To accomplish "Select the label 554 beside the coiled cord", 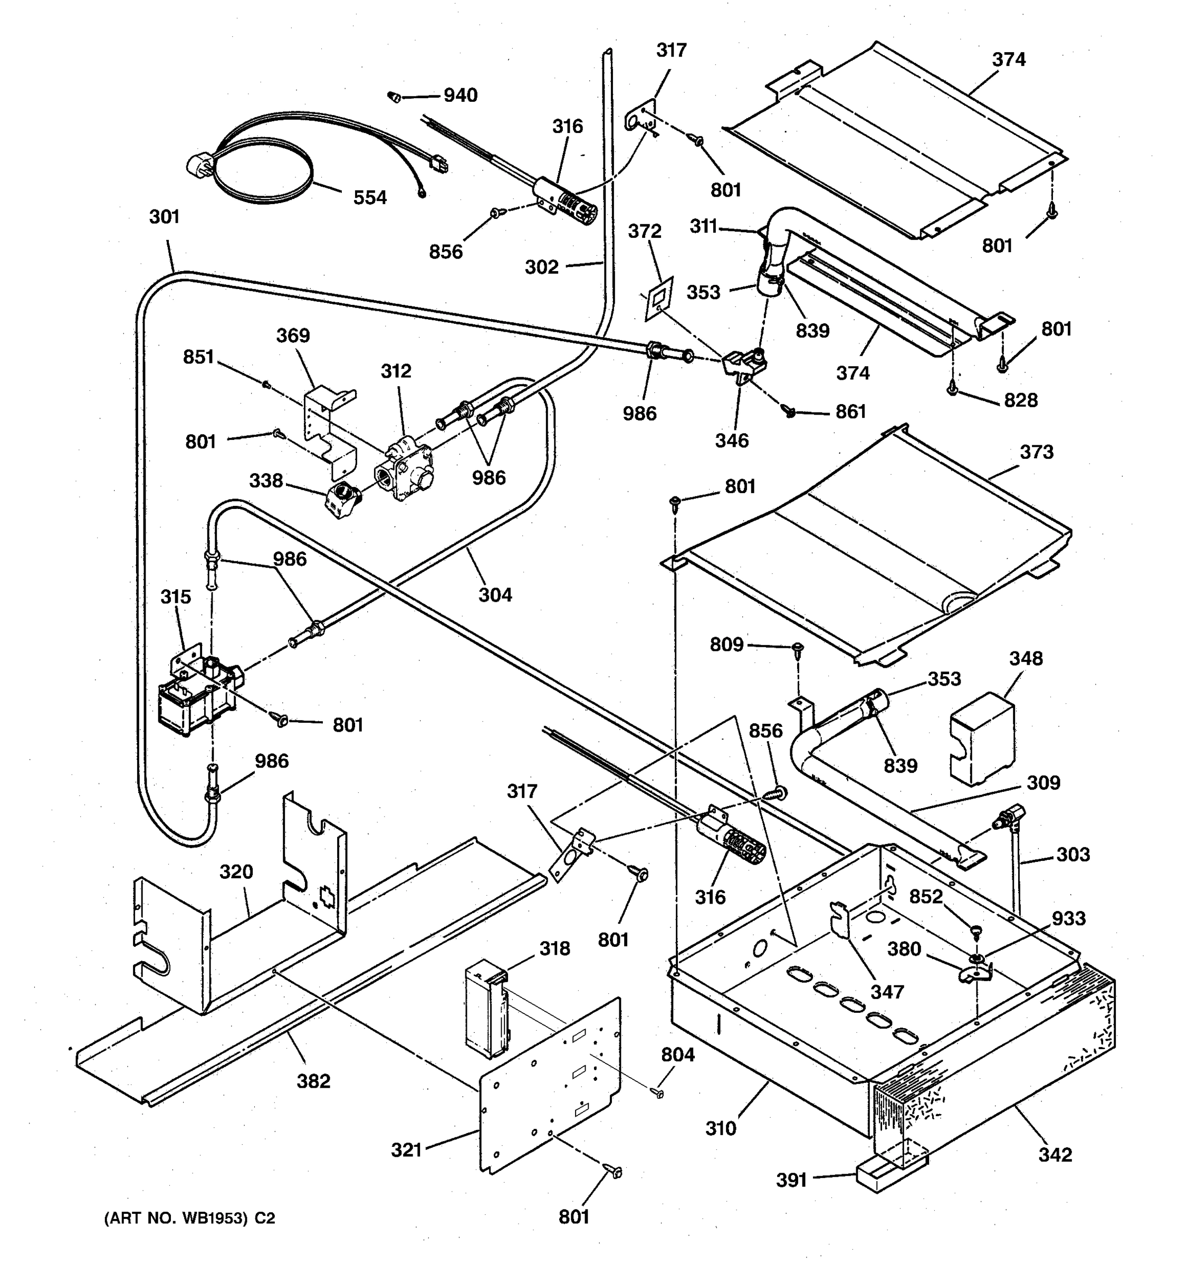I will tap(370, 197).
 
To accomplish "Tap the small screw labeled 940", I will tap(394, 97).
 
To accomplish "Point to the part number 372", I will tap(645, 231).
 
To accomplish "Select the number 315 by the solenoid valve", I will tap(175, 597).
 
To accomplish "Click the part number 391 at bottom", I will tap(791, 1180).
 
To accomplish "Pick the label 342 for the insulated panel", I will tap(1055, 1154).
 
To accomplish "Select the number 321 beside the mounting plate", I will tap(406, 1149).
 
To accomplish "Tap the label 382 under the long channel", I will tap(313, 1081).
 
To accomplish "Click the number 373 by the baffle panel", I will tap(1036, 452).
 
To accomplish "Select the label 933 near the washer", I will tap(1068, 918).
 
